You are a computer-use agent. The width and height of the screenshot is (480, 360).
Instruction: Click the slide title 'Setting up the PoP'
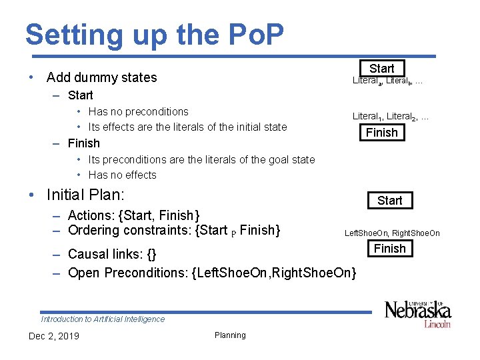[155, 34]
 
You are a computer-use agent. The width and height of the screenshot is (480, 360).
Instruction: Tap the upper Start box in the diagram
[381, 68]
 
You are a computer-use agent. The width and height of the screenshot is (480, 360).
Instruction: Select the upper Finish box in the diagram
[381, 133]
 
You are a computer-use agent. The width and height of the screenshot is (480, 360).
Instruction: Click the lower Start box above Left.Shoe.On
[389, 200]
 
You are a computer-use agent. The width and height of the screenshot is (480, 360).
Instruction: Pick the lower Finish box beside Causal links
[389, 249]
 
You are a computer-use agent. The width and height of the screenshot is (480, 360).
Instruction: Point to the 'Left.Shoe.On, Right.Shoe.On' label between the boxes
[392, 233]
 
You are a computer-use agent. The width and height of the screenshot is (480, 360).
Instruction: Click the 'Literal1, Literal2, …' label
[391, 117]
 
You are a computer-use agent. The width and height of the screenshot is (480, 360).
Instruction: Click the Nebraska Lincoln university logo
[417, 313]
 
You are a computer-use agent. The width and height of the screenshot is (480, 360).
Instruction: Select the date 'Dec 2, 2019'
[54, 336]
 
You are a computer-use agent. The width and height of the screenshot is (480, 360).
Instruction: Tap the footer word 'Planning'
[230, 335]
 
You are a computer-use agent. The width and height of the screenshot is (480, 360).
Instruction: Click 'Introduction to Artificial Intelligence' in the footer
[103, 319]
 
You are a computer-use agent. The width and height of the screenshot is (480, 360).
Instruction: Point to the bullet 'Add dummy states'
[101, 77]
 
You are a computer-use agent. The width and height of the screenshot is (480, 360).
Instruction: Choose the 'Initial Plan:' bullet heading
[86, 195]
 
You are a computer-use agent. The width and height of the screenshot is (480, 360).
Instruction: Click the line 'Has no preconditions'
[138, 111]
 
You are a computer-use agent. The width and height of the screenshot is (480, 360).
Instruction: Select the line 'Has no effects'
[122, 175]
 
